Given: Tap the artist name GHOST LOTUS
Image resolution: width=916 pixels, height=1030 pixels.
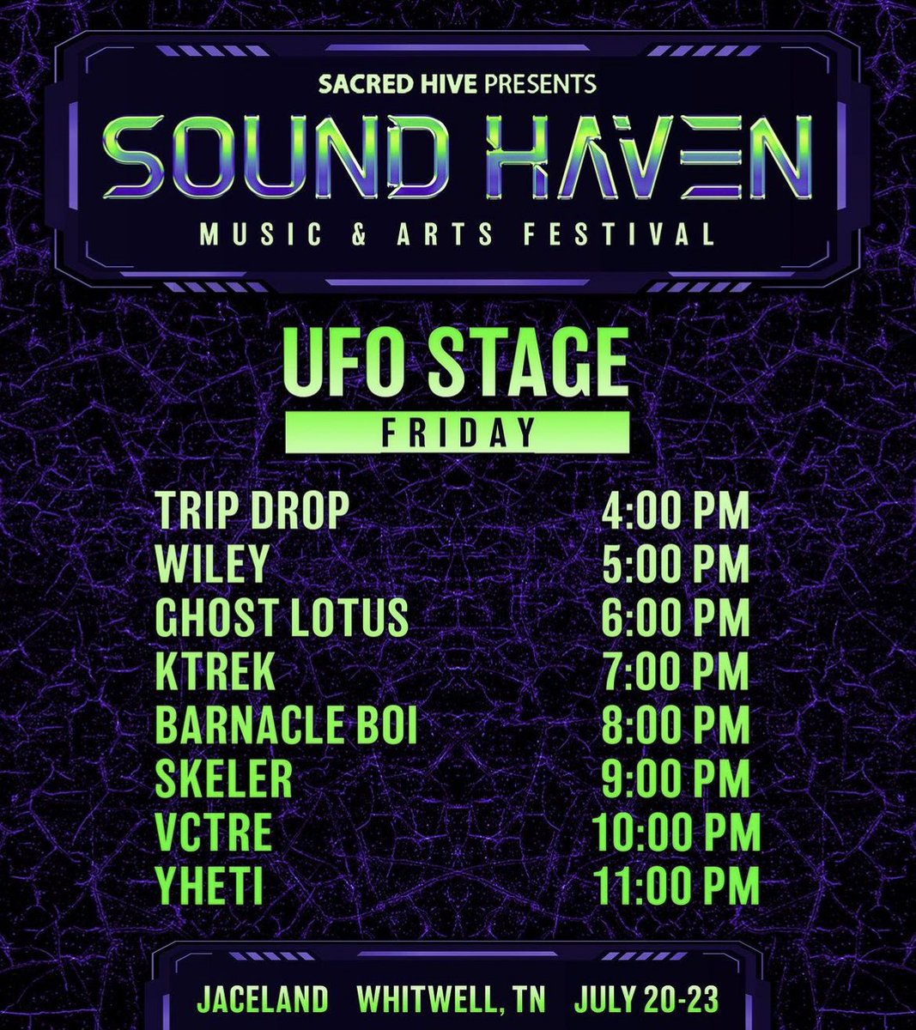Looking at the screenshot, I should pyautogui.click(x=282, y=618).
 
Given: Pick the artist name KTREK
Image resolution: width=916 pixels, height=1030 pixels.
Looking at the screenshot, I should pyautogui.click(x=215, y=671).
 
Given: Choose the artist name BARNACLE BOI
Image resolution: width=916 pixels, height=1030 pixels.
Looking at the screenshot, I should pyautogui.click(x=287, y=725).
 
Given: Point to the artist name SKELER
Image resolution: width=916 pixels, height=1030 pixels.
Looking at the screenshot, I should pyautogui.click(x=224, y=779).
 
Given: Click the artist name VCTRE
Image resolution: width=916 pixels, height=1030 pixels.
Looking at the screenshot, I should pyautogui.click(x=214, y=832).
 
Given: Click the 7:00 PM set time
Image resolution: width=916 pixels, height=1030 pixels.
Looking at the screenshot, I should pyautogui.click(x=676, y=671).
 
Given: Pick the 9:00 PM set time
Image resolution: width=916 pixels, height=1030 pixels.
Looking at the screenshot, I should pyautogui.click(x=676, y=779).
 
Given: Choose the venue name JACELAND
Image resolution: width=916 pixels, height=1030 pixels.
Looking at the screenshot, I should pyautogui.click(x=264, y=999).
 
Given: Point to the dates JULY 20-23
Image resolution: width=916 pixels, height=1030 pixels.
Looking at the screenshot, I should pyautogui.click(x=646, y=999).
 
